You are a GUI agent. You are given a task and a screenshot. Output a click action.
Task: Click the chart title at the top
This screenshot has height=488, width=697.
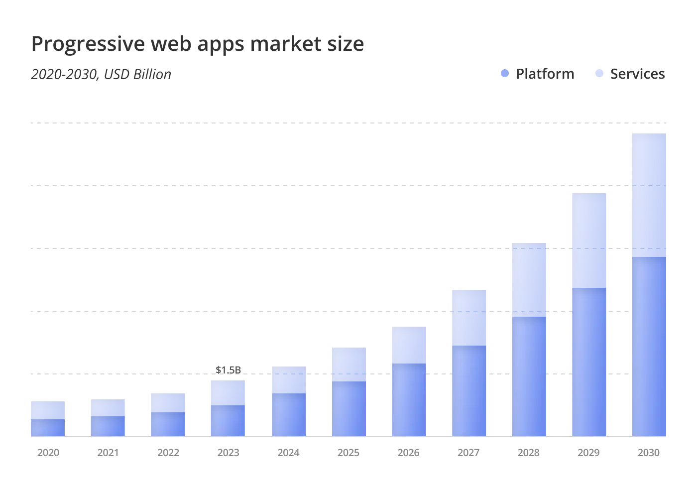(x=199, y=44)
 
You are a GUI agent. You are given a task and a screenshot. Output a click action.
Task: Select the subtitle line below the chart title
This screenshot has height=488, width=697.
(x=100, y=74)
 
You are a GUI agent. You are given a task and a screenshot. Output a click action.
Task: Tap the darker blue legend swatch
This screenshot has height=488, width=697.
(x=503, y=74)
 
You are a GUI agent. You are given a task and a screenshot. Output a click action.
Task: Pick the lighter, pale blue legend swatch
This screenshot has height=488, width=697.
(x=599, y=74)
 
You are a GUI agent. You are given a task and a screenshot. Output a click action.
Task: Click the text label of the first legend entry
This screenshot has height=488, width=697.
(x=545, y=74)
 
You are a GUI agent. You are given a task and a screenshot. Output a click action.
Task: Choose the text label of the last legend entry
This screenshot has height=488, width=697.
(x=637, y=74)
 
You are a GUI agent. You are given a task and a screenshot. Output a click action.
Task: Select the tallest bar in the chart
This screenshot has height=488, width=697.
(x=649, y=284)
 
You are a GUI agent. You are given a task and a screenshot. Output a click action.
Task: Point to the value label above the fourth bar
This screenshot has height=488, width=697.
(x=229, y=369)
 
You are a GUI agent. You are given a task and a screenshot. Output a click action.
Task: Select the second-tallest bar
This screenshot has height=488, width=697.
(x=589, y=314)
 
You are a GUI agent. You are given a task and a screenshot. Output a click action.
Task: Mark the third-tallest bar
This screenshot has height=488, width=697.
(x=529, y=340)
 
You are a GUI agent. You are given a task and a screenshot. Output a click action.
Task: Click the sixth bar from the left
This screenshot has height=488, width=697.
(x=348, y=391)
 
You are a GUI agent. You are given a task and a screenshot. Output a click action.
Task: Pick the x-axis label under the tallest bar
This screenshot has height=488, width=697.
(x=649, y=452)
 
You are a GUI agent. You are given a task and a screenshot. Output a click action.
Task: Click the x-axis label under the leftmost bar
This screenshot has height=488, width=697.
(x=48, y=452)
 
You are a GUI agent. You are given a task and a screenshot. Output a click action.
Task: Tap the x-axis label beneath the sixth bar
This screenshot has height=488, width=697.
(x=348, y=452)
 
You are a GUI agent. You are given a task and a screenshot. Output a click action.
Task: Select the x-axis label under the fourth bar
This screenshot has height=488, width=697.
(x=229, y=452)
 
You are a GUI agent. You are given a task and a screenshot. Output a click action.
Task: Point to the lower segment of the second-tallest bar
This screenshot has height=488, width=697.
(x=589, y=364)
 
